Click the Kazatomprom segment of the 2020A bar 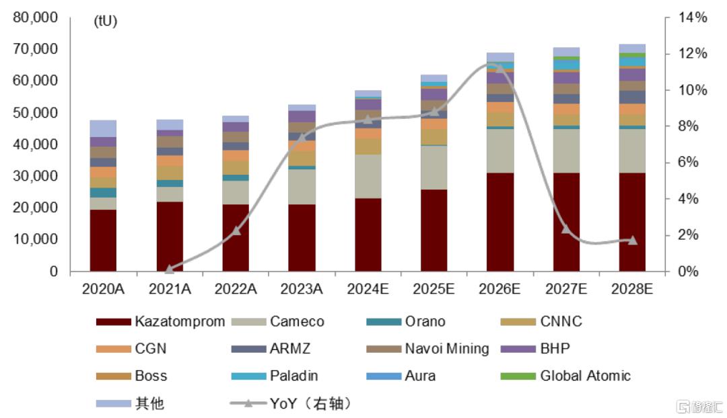(x=103, y=241)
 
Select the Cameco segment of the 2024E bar (x=368, y=176)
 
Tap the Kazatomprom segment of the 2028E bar (x=632, y=222)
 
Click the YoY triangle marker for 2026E (x=499, y=67)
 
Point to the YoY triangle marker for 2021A (x=169, y=268)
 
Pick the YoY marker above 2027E (x=566, y=230)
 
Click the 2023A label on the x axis (x=302, y=289)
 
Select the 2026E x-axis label (x=499, y=289)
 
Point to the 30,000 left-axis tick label (x=35, y=176)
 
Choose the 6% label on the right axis (x=688, y=163)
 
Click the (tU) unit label (x=106, y=21)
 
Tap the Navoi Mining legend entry (x=431, y=349)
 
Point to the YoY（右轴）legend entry (x=290, y=404)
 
